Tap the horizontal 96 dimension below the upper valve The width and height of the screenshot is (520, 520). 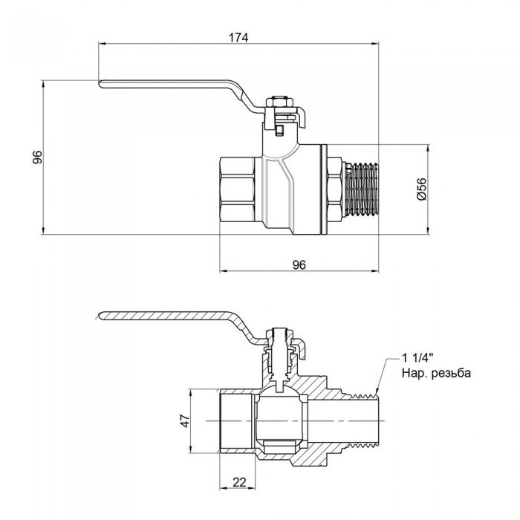pyautogui.click(x=299, y=264)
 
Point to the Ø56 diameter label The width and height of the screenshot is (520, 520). pyautogui.click(x=420, y=189)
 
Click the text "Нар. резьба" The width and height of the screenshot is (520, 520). pyautogui.click(x=435, y=374)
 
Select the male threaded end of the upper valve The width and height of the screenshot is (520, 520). pyautogui.click(x=362, y=189)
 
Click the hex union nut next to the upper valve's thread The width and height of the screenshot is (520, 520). pyautogui.click(x=334, y=189)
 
